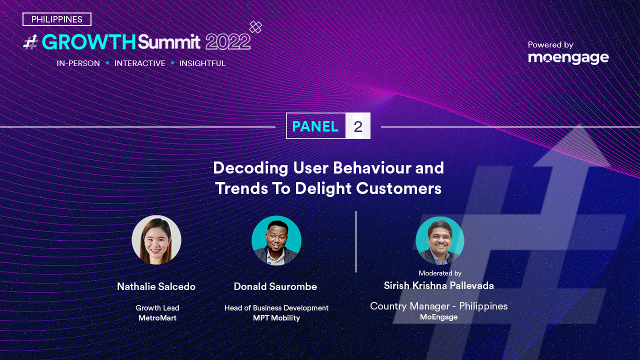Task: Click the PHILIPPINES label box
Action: (57, 19)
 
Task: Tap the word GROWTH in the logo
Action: (88, 42)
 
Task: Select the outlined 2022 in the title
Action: (228, 42)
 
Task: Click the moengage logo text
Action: (568, 58)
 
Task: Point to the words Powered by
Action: (550, 45)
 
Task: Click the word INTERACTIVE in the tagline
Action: (139, 63)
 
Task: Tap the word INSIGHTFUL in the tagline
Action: (202, 63)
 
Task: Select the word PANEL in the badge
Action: (315, 126)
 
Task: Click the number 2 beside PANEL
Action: (358, 126)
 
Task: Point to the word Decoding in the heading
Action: (250, 168)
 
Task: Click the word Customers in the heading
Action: (398, 188)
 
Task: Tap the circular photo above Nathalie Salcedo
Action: (156, 239)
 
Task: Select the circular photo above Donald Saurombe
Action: (276, 240)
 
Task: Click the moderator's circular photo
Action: (439, 240)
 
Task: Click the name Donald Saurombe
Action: (275, 286)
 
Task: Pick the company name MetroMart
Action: (157, 317)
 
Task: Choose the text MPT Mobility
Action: (276, 318)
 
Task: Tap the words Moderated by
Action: (440, 273)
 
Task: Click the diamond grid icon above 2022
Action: (255, 27)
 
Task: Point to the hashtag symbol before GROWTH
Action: (31, 42)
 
